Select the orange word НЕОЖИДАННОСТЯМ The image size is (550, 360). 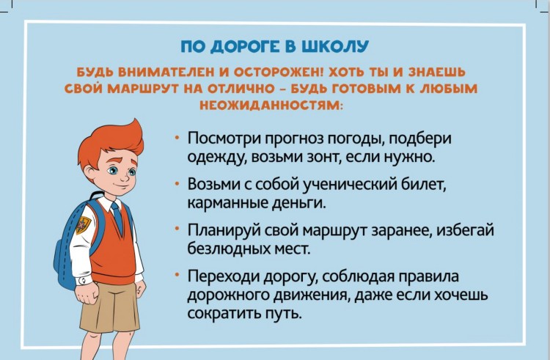click(x=270, y=105)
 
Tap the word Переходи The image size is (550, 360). click(x=223, y=277)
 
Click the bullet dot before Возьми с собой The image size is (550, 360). click(x=178, y=183)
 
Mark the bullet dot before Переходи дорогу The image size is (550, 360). click(x=178, y=275)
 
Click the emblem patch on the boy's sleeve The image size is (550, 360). click(x=83, y=225)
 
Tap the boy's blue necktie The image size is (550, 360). click(x=117, y=218)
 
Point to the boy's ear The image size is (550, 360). click(x=89, y=173)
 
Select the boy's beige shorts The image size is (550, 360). click(x=109, y=306)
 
